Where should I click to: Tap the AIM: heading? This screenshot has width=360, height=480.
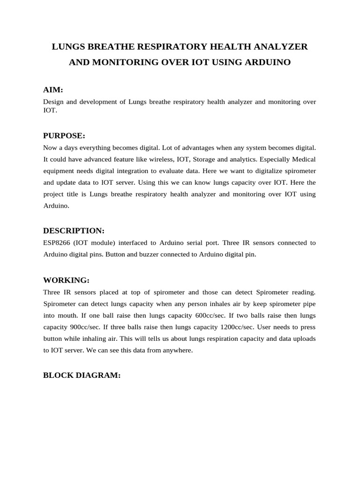53,90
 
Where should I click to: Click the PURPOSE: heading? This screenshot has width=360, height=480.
64,136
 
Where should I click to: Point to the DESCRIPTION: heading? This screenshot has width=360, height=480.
74,231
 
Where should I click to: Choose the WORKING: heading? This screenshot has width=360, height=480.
66,280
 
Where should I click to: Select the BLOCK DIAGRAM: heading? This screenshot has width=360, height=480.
82,375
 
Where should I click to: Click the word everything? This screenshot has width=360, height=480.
90,148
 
